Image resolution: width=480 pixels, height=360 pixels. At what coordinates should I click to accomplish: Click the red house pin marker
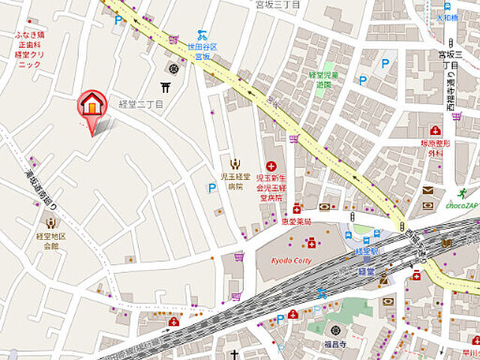click(x=91, y=105)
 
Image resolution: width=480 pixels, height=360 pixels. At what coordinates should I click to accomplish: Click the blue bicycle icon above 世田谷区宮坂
click(x=201, y=34)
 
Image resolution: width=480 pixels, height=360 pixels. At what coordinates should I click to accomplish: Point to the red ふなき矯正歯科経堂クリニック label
click(x=30, y=49)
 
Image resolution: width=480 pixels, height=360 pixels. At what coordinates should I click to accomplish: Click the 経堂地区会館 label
click(x=51, y=240)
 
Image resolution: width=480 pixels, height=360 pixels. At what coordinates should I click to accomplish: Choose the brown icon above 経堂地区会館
click(x=51, y=223)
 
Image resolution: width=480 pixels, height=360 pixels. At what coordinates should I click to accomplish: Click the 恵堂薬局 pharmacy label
click(x=296, y=222)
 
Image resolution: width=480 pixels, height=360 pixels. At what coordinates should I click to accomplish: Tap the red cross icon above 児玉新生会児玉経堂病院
click(x=271, y=166)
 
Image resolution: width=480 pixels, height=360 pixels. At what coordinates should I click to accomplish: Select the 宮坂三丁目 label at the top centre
click(x=277, y=4)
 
